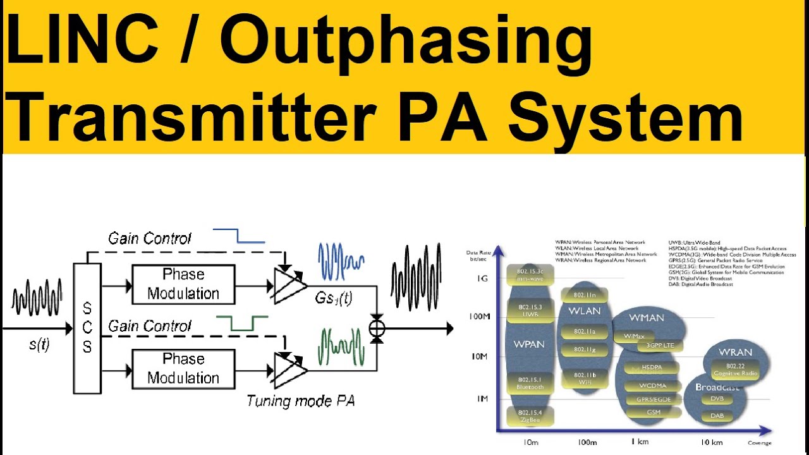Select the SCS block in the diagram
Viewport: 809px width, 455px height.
coord(87,328)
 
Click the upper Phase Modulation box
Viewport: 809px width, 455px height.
coord(183,284)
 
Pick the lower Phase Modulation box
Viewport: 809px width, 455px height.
coord(183,368)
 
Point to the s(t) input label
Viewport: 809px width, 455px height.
coord(39,344)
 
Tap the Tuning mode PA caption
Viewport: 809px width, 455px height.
coord(300,400)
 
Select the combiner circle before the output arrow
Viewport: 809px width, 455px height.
coord(377,328)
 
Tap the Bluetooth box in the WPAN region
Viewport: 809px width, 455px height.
coord(530,382)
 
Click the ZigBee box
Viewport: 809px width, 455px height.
coord(530,416)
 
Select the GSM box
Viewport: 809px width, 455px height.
coord(654,412)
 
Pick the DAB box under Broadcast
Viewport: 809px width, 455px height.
coord(717,416)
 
